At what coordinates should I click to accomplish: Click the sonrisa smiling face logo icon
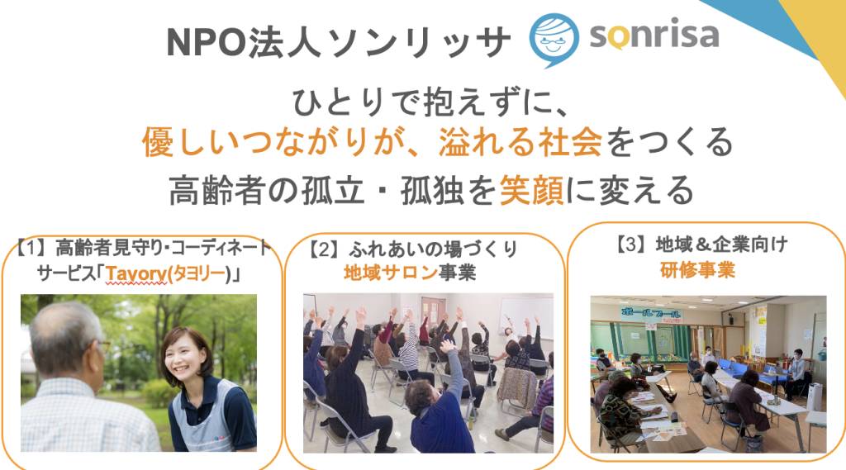(x=554, y=40)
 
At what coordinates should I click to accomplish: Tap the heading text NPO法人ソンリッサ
(x=338, y=41)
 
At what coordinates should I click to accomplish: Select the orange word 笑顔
(x=531, y=191)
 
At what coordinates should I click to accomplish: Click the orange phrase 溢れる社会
(x=520, y=142)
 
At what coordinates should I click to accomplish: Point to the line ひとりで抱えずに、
(x=430, y=102)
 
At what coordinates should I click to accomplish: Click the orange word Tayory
(x=136, y=274)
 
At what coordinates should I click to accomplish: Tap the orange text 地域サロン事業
(x=410, y=273)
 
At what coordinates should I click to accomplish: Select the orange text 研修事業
(x=697, y=269)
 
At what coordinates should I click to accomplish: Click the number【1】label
(x=31, y=248)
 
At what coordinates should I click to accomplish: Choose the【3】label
(x=632, y=245)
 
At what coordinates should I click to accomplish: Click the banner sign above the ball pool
(x=651, y=314)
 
